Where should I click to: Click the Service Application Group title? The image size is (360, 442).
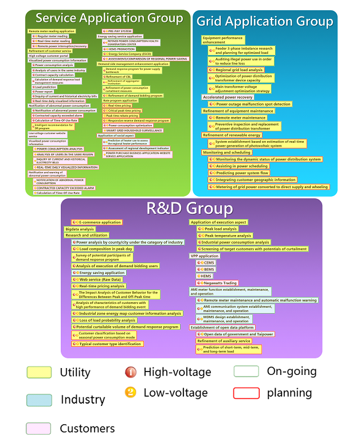[109, 18]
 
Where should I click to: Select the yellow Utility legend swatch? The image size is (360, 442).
[39, 373]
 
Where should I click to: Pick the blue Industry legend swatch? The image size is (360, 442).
[39, 400]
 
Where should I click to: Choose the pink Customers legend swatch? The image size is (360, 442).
[39, 428]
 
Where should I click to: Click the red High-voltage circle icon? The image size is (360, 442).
[130, 373]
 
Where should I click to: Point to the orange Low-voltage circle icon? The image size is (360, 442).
[130, 393]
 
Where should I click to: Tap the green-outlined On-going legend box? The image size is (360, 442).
[246, 371]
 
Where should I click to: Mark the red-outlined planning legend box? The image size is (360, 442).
[246, 393]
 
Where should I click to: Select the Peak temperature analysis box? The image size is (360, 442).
[225, 236]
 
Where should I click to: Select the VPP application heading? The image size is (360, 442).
[205, 256]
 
